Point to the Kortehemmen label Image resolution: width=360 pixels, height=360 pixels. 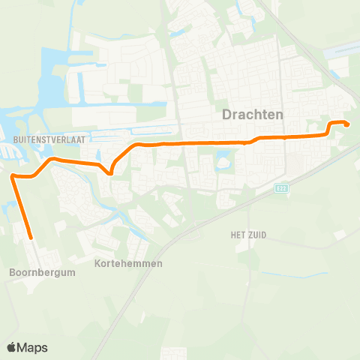click(129, 264)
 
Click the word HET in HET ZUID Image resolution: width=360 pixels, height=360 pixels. click(239, 235)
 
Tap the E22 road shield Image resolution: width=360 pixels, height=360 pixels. click(280, 188)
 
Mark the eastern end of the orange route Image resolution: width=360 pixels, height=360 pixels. click(347, 125)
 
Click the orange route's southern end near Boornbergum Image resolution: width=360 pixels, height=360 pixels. click(31, 238)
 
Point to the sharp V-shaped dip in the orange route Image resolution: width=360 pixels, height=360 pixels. click(110, 173)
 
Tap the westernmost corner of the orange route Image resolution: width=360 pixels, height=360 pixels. click(13, 176)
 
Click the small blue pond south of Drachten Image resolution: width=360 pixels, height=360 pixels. click(223, 158)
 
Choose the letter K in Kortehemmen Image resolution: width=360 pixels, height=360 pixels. click(98, 264)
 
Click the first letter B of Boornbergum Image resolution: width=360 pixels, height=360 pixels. click(11, 273)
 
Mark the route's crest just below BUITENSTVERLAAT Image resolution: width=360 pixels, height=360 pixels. click(51, 159)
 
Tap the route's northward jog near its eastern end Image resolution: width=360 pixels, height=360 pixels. click(329, 128)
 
